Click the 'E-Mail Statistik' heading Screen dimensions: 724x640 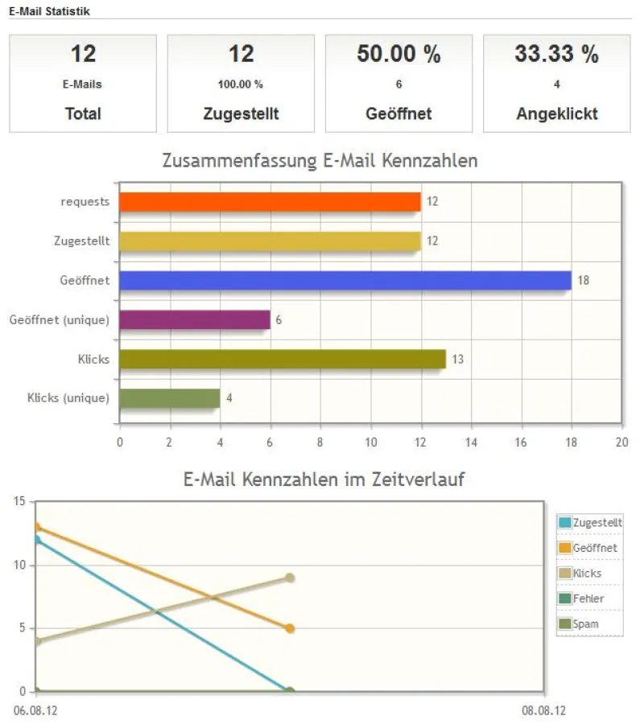coord(49,10)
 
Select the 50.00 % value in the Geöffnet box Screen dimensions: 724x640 coord(398,55)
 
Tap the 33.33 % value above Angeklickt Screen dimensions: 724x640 coord(556,55)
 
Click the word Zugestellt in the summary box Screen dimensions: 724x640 coord(241,113)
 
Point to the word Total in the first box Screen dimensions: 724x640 coord(83,113)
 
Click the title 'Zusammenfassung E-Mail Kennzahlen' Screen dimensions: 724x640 coord(320,161)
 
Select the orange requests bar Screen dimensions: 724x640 coord(270,202)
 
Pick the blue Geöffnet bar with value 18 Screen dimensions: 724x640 coord(345,280)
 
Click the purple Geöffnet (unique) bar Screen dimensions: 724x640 coord(194,319)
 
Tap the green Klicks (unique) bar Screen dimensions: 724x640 coord(169,398)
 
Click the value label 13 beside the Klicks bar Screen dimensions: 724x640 coord(457,360)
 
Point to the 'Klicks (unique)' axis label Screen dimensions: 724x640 coord(68,398)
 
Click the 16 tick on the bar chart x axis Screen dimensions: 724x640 coord(522,441)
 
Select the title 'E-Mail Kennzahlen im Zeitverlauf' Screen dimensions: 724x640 coord(324,480)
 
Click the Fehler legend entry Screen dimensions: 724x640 coord(588,599)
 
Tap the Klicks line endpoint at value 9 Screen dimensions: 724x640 coord(290,578)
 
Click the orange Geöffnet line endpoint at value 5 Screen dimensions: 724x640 coord(290,628)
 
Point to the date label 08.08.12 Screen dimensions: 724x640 coord(543,711)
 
